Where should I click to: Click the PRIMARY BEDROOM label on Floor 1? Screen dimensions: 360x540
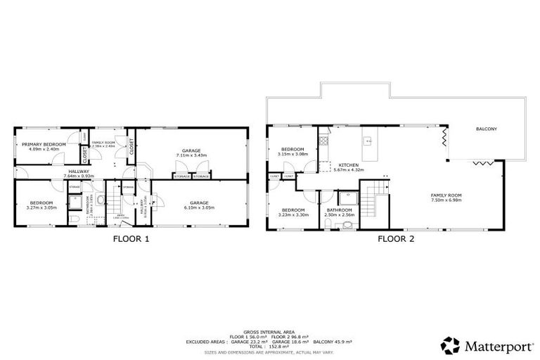(x=44, y=144)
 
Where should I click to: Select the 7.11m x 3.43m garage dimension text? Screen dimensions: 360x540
(x=192, y=156)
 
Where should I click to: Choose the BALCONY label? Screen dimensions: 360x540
(x=487, y=129)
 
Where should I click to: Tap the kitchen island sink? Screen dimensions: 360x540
(x=368, y=140)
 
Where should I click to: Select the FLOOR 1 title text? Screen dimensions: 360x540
(x=131, y=238)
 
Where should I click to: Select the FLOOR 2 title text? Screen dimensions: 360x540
(x=396, y=238)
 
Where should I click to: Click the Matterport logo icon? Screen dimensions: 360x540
(x=450, y=345)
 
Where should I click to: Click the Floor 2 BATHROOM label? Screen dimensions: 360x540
(x=338, y=210)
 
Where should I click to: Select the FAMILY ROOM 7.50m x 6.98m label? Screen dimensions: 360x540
(x=446, y=198)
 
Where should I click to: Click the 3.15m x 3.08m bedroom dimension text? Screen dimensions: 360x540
(x=292, y=154)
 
